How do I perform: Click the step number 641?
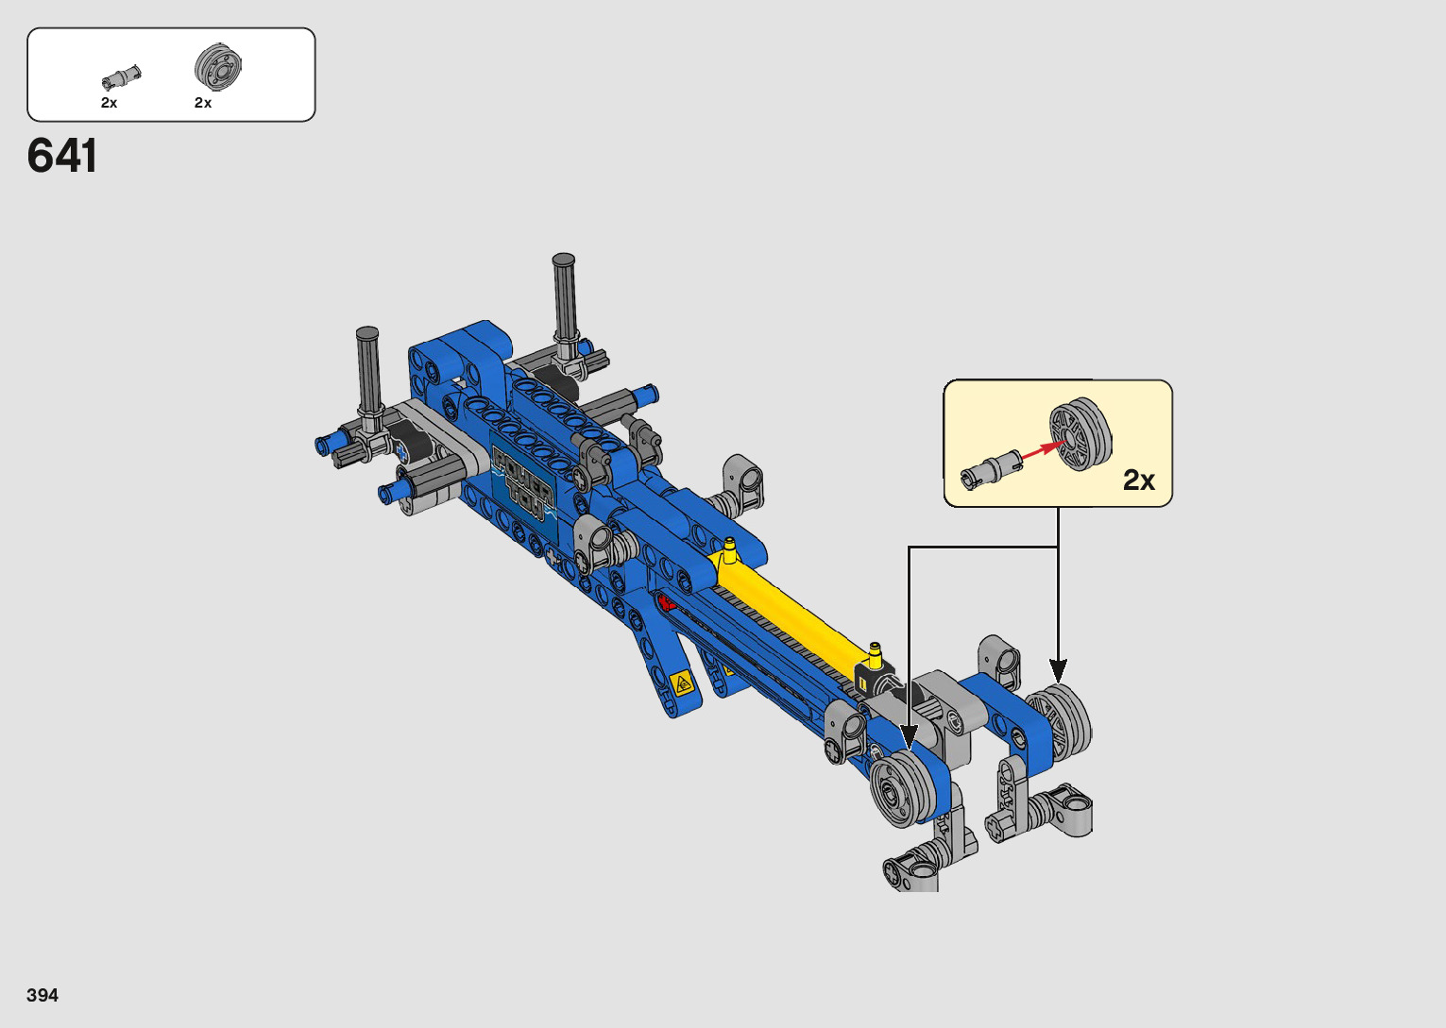click(x=62, y=156)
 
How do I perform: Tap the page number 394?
click(x=43, y=995)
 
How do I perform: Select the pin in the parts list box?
click(x=121, y=76)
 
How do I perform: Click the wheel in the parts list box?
click(x=218, y=66)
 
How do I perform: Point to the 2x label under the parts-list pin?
click(x=110, y=103)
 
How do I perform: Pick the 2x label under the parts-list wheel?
click(x=203, y=103)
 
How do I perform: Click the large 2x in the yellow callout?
click(x=1139, y=480)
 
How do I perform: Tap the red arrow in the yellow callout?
click(x=1044, y=449)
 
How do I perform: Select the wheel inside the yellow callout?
click(x=1080, y=433)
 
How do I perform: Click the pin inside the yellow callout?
click(x=991, y=469)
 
